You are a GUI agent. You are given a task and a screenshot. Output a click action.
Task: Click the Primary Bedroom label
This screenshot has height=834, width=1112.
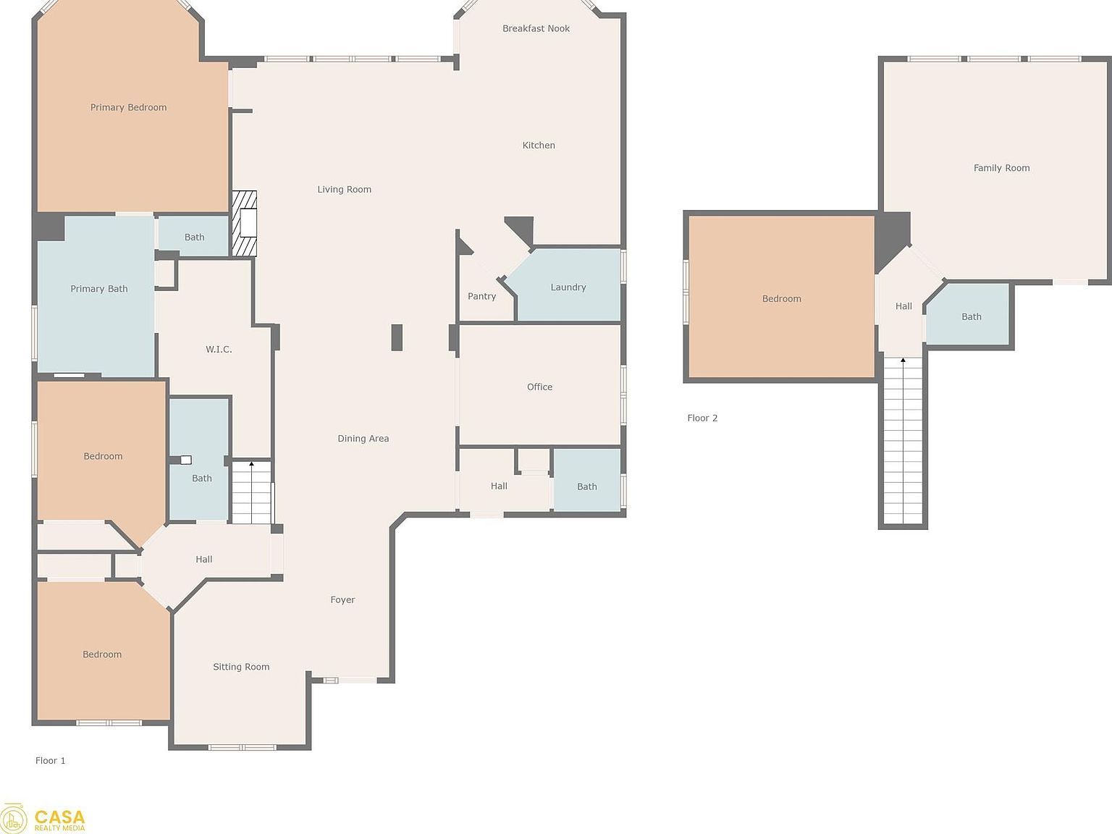tap(128, 107)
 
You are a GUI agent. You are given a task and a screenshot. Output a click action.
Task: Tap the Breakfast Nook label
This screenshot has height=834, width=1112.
tap(536, 28)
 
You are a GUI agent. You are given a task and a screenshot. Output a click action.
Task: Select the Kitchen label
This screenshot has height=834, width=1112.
tap(539, 146)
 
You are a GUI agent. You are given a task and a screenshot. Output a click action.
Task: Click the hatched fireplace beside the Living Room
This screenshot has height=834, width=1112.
tap(244, 223)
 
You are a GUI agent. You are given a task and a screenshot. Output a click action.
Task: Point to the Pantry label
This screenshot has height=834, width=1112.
tap(481, 296)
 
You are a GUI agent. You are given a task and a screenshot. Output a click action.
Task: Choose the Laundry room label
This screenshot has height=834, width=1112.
tap(568, 287)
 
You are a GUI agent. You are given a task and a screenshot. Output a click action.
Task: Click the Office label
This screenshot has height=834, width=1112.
tap(539, 387)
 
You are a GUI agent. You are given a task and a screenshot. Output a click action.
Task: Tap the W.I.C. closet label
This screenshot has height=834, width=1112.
tap(219, 350)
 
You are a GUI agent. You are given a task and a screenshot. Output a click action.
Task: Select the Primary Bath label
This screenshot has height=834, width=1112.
tap(98, 289)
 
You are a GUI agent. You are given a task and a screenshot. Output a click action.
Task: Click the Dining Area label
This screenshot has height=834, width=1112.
tap(363, 439)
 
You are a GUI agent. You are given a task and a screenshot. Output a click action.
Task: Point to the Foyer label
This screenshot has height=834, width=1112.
tap(342, 599)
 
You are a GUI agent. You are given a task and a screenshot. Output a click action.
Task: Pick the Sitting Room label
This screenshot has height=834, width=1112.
tap(241, 667)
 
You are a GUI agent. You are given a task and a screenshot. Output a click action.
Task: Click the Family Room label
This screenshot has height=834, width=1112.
tap(1001, 168)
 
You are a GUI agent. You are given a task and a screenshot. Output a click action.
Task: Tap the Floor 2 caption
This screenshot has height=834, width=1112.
tap(702, 418)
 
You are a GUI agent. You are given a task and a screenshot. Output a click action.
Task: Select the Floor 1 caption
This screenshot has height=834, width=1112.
tap(50, 761)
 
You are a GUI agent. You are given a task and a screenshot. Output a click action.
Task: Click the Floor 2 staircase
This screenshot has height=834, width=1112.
tap(903, 441)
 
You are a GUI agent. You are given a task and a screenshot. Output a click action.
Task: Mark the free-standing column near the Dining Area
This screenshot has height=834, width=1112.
tap(397, 337)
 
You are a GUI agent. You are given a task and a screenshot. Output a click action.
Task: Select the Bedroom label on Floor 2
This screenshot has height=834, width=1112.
tap(782, 299)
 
